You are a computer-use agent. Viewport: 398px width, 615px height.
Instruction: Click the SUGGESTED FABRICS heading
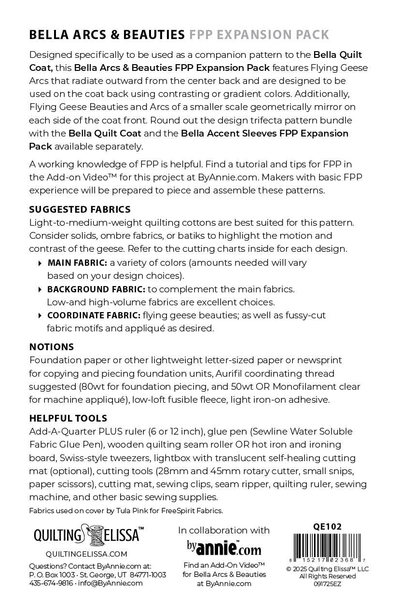pyautogui.click(x=80, y=210)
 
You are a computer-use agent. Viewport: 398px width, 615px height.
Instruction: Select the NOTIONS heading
pyautogui.click(x=52, y=347)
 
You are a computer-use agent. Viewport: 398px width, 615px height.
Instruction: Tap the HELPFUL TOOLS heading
pyautogui.click(x=68, y=418)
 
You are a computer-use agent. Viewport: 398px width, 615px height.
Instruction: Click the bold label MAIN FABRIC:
pyautogui.click(x=77, y=263)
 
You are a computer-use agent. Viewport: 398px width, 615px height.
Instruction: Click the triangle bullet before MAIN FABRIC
pyautogui.click(x=40, y=263)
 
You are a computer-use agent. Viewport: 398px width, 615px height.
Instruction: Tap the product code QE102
pyautogui.click(x=328, y=527)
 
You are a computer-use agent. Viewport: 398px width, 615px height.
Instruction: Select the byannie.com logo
pyautogui.click(x=224, y=548)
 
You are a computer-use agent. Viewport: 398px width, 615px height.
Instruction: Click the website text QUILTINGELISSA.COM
pyautogui.click(x=87, y=554)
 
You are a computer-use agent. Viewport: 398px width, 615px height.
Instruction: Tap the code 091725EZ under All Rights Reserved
pyautogui.click(x=328, y=583)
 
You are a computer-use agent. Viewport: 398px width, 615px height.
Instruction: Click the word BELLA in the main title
pyautogui.click(x=47, y=35)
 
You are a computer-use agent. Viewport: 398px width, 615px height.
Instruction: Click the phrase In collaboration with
pyautogui.click(x=224, y=530)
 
